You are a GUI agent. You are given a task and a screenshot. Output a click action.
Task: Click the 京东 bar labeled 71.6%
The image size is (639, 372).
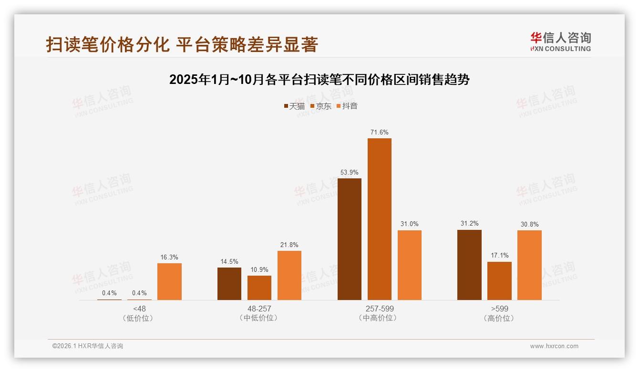[x=379, y=219]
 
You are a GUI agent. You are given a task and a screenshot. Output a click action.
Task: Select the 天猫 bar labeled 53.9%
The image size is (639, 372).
[x=349, y=239]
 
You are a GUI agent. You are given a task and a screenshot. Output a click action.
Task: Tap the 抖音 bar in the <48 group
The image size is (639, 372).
[x=169, y=281]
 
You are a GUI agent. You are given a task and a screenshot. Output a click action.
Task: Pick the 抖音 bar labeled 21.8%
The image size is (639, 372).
[x=289, y=275]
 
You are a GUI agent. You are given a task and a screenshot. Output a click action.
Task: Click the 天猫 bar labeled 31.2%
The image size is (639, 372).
[x=469, y=265]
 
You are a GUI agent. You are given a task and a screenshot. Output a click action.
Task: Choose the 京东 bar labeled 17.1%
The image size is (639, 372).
[x=499, y=281]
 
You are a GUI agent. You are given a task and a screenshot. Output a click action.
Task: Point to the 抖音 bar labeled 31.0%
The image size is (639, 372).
[x=409, y=265]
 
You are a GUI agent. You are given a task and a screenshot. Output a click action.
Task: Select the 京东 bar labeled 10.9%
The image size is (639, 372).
[x=259, y=288]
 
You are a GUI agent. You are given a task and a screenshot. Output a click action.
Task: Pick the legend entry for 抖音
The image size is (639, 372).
[x=347, y=106]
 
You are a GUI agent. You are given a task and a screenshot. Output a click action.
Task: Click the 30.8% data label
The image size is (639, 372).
[x=529, y=224]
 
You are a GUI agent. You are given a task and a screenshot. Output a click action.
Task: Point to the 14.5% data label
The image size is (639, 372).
[x=229, y=261]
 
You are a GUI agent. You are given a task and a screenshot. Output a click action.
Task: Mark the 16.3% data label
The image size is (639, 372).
[x=169, y=257]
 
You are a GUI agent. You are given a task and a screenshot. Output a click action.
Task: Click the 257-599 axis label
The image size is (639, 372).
[x=379, y=309]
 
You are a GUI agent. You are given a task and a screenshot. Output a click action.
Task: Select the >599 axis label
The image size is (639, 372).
[x=499, y=309]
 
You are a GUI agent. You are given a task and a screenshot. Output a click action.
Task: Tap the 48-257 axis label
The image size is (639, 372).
[x=259, y=309]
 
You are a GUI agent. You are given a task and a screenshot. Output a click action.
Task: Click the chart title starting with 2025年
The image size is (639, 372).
[x=319, y=80]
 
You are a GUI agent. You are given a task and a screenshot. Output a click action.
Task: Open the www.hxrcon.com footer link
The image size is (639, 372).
[x=554, y=346]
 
